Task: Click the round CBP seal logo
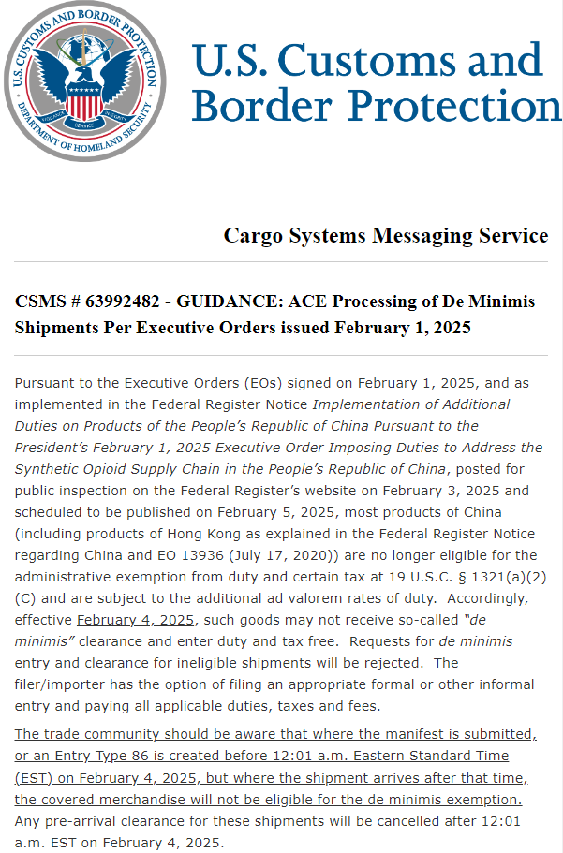click(x=83, y=81)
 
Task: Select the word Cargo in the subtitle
click(x=251, y=235)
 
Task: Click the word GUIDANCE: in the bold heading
click(x=237, y=302)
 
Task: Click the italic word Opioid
click(x=121, y=469)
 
